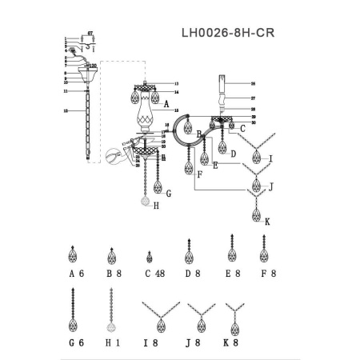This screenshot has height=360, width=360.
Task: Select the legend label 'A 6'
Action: (x=77, y=274)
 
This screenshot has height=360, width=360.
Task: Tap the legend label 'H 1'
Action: (x=114, y=343)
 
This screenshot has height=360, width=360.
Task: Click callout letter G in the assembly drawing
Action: (x=168, y=193)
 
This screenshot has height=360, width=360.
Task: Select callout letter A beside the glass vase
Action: (x=166, y=104)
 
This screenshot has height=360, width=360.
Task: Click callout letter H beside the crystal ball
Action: (x=156, y=206)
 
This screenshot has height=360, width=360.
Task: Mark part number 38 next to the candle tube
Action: (x=252, y=83)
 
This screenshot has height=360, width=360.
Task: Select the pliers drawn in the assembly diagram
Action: (x=114, y=155)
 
